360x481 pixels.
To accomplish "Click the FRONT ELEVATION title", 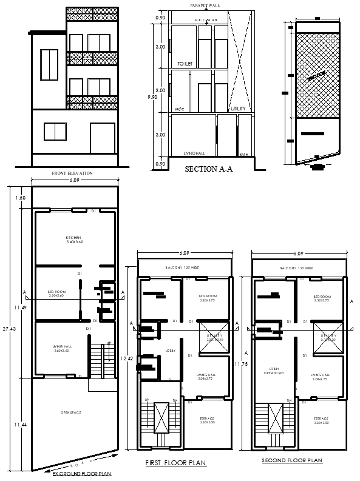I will pos(72,173).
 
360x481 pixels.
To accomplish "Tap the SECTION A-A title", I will pos(208,170).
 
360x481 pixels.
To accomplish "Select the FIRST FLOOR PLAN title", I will pos(176,463).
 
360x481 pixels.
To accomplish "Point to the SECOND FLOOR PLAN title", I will pos(291,461).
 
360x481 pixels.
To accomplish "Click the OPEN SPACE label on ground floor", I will pos(71,412).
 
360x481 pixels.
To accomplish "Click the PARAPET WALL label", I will pos(204,5).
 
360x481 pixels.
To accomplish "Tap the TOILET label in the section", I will pos(185,63).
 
